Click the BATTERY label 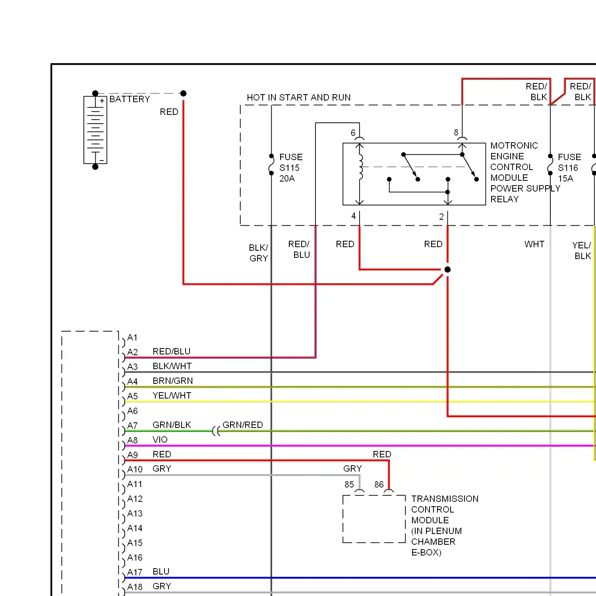130,99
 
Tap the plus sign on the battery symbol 102,101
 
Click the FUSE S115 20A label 291,168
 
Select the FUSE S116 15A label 569,168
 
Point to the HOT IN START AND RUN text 299,97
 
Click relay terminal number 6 353,133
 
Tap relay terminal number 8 456,132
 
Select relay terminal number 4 354,216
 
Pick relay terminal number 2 441,217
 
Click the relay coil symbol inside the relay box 361,167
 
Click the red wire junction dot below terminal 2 447,269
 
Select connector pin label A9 133,455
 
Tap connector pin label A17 135,572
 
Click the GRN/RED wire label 243,425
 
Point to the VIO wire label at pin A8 160,439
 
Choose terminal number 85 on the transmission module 349,484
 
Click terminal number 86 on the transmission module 379,484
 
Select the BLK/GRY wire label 259,253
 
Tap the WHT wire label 534,244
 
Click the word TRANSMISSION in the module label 445,499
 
